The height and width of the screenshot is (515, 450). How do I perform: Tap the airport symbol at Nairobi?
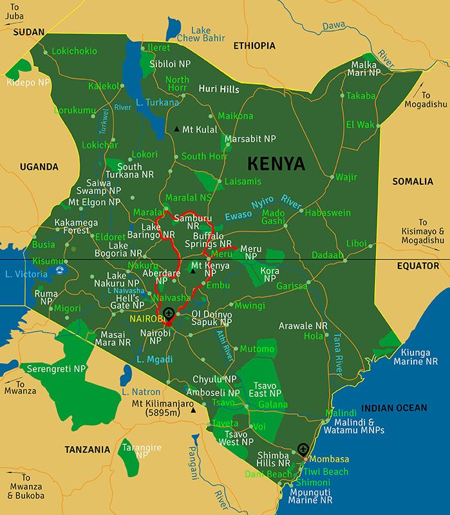point(169,314)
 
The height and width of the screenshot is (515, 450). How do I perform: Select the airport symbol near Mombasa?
point(303,449)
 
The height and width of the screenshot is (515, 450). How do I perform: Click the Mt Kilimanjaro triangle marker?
point(194,409)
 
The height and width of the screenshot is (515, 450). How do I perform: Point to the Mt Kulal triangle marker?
point(176,129)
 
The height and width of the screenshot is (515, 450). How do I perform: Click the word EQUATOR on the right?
point(417,266)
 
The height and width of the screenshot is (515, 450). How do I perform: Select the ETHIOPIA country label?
point(254,46)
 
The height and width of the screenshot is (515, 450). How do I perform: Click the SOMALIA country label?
point(413,182)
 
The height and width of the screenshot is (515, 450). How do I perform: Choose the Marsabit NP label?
point(250,139)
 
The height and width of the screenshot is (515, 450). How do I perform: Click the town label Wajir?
point(346,176)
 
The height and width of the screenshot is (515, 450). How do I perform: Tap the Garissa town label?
point(292,286)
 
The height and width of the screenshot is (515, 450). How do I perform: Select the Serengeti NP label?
point(56,369)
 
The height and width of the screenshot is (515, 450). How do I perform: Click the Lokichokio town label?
point(74,51)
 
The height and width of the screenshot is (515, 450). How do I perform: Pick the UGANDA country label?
point(39,167)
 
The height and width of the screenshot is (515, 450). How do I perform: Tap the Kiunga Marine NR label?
point(419,357)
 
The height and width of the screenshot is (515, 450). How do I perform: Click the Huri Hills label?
point(219,89)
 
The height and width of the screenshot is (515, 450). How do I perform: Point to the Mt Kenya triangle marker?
point(192,270)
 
